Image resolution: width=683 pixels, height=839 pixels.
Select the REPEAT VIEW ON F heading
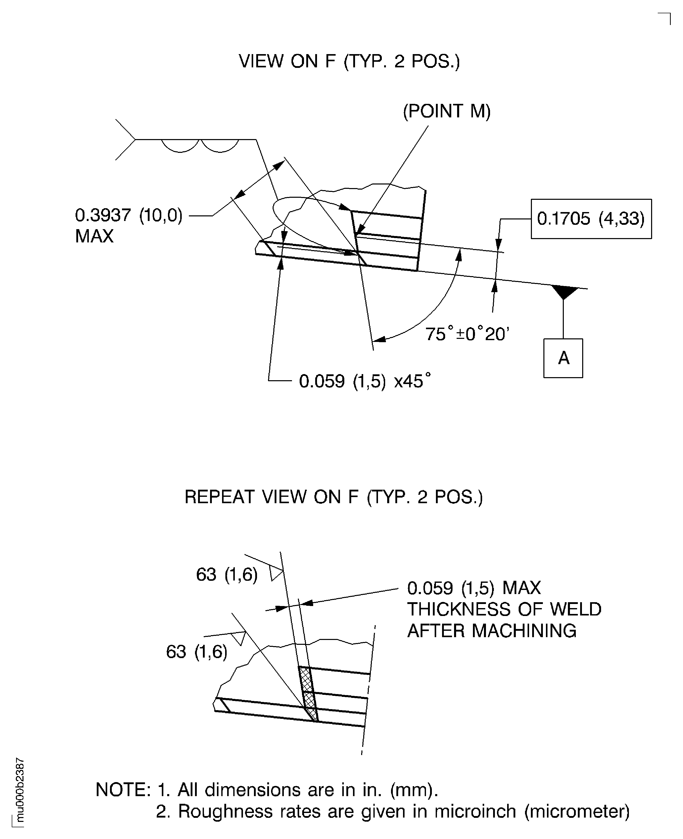[333, 497]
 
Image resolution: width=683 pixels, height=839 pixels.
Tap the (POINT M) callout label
[447, 111]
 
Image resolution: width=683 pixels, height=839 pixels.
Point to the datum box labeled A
[563, 358]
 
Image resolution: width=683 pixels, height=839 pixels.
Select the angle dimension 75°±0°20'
[467, 334]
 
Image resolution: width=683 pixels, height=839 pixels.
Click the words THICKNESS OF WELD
[504, 609]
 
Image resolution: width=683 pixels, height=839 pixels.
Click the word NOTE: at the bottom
[123, 790]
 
